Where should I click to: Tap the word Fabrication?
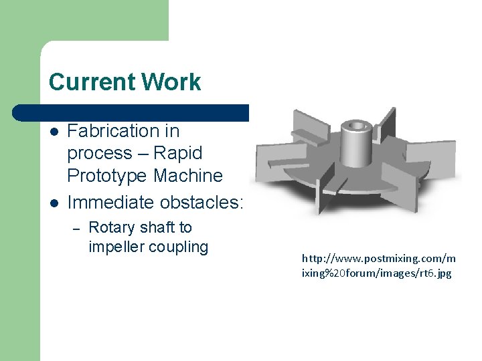pyautogui.click(x=123, y=130)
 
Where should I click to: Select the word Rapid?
pyautogui.click(x=177, y=153)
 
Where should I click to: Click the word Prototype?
pyautogui.click(x=107, y=176)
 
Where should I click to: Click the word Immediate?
pyautogui.click(x=110, y=201)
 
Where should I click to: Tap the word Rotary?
pyautogui.click(x=111, y=228)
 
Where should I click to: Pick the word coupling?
pyautogui.click(x=178, y=247)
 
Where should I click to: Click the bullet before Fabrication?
pyautogui.click(x=54, y=131)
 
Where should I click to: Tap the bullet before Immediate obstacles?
pyautogui.click(x=54, y=202)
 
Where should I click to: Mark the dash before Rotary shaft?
pyautogui.click(x=76, y=229)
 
